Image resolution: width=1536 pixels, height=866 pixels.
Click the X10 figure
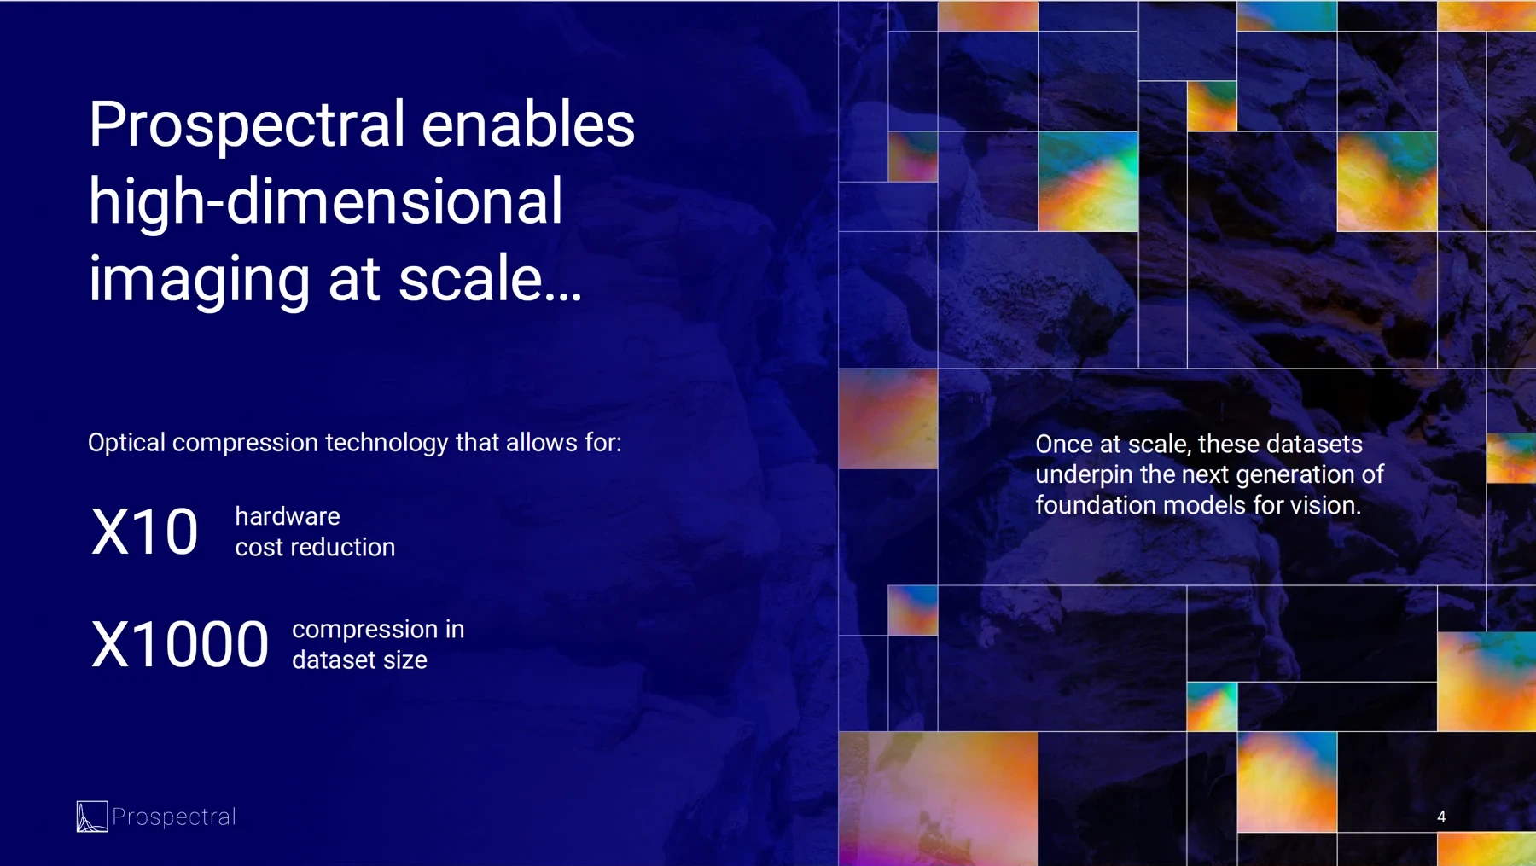point(144,532)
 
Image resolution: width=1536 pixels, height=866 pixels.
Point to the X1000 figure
point(179,644)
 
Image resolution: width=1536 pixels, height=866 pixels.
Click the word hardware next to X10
point(287,516)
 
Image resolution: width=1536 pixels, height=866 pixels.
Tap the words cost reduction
point(315,547)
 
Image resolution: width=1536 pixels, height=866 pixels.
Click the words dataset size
point(359,660)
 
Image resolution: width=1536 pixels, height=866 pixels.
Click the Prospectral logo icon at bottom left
point(91,817)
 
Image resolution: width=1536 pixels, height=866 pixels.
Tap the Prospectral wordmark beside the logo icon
point(174,817)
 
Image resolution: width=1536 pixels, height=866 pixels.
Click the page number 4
point(1441,817)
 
